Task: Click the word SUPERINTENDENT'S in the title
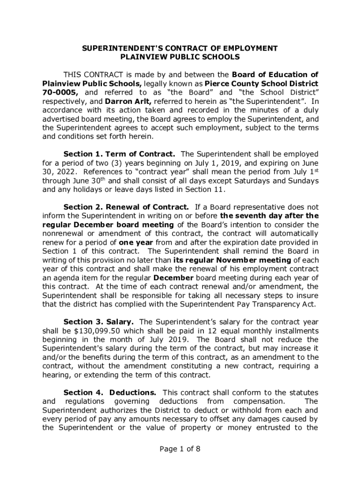tap(110, 48)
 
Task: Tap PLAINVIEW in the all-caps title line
tap(143, 57)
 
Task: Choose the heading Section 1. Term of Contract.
tap(119, 154)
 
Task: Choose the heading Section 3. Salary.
tap(99, 322)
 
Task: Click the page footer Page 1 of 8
tap(180, 449)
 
